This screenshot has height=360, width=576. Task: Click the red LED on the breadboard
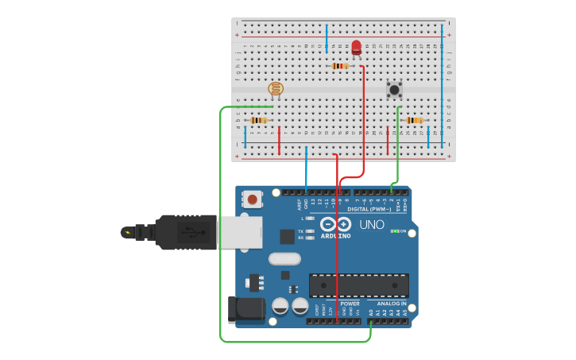tap(356, 48)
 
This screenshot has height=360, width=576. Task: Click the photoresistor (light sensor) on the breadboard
tap(276, 89)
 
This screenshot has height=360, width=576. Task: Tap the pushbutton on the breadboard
tap(394, 89)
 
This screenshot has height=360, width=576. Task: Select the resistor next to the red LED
tap(340, 66)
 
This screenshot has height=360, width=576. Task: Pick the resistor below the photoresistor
tap(258, 120)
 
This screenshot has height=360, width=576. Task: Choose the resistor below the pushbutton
tap(414, 120)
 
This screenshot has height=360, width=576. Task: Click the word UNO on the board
tap(372, 225)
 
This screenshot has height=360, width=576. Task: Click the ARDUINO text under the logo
tap(336, 236)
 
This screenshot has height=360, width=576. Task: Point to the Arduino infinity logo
tap(336, 224)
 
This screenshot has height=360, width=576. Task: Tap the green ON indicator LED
tap(393, 231)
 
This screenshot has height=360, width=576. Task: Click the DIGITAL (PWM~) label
tap(373, 209)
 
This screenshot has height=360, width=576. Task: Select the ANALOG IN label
tap(391, 304)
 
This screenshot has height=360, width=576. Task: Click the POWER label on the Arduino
tap(350, 304)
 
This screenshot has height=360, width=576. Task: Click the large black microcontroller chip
tap(358, 285)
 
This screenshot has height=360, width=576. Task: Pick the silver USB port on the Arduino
tap(239, 232)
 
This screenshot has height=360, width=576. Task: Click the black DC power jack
tap(245, 310)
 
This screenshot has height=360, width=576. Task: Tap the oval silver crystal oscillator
tap(284, 258)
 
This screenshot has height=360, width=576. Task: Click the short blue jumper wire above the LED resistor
tap(326, 39)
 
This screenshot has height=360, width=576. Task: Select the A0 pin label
tap(371, 313)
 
